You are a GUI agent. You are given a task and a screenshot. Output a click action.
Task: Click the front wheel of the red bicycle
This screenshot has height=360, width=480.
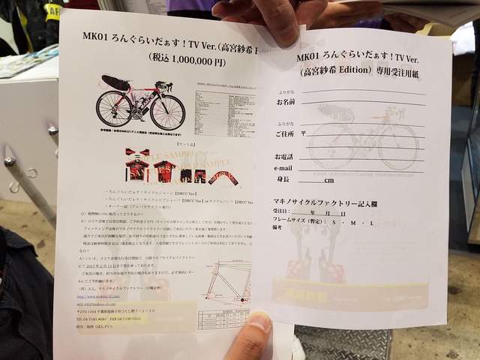(167, 112)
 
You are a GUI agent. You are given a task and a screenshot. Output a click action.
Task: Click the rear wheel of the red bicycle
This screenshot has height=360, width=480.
(113, 109)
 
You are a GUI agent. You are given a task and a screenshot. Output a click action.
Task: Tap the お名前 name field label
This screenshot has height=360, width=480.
(286, 101)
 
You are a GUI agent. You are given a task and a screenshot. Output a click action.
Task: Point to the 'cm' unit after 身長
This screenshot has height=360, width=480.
(328, 181)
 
